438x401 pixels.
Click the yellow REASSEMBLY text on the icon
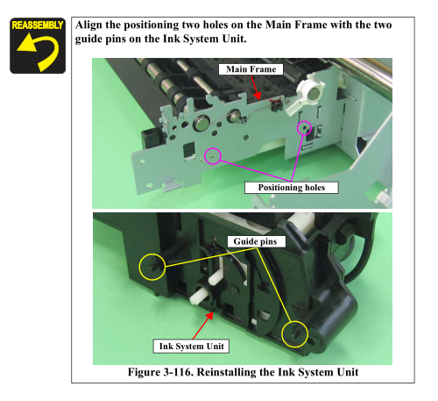pyautogui.click(x=38, y=25)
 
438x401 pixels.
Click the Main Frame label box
pyautogui.click(x=251, y=69)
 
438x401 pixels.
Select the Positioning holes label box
pyautogui.click(x=292, y=188)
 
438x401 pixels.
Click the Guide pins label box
pyautogui.click(x=255, y=241)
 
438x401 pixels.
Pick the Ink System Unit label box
pyautogui.click(x=192, y=347)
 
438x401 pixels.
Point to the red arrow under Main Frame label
pyautogui.click(x=256, y=87)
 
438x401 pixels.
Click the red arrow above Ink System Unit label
pyautogui.click(x=202, y=326)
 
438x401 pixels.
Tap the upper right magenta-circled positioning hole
pyautogui.click(x=304, y=128)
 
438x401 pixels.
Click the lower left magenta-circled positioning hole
pyautogui.click(x=213, y=156)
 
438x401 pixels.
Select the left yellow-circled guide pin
pyautogui.click(x=152, y=267)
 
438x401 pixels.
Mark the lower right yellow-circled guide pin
pyautogui.click(x=294, y=334)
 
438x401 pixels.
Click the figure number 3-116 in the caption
pyautogui.click(x=177, y=372)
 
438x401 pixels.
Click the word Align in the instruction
pyautogui.click(x=88, y=25)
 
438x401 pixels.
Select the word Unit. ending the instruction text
pyautogui.click(x=235, y=39)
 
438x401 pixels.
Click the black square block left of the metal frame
pyautogui.click(x=152, y=137)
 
